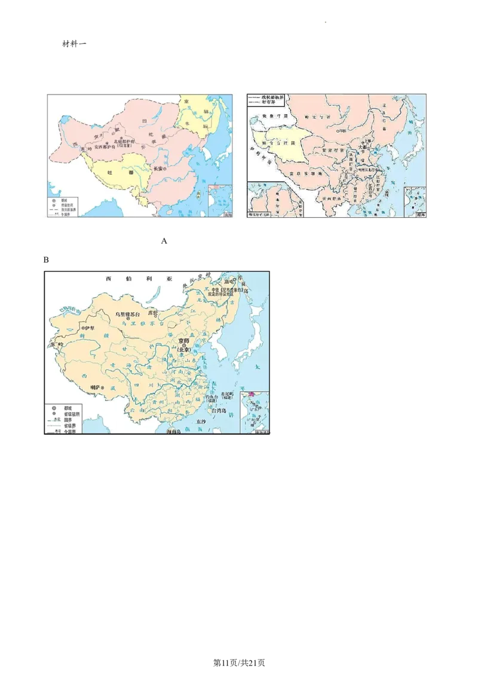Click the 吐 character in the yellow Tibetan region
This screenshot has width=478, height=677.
click(109, 172)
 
